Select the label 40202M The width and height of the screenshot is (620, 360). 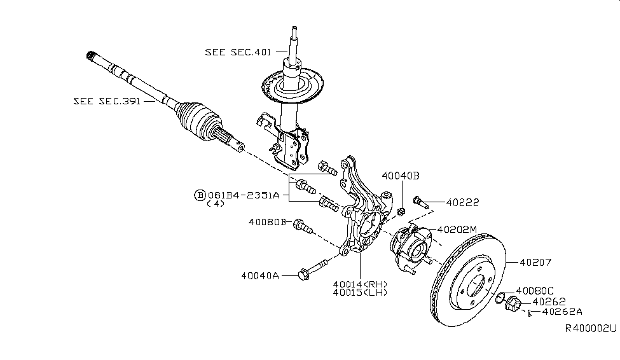coord(455,230)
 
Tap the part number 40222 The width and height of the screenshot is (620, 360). coord(462,203)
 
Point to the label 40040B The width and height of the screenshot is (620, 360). coord(401,176)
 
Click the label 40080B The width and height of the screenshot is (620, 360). coord(267,222)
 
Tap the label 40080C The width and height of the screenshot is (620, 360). coord(536,289)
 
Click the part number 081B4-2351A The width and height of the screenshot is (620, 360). coord(243,195)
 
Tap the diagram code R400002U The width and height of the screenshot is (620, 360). coord(591,328)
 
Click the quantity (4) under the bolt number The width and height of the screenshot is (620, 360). coord(216,205)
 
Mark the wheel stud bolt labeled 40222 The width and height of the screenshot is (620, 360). coord(419,202)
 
